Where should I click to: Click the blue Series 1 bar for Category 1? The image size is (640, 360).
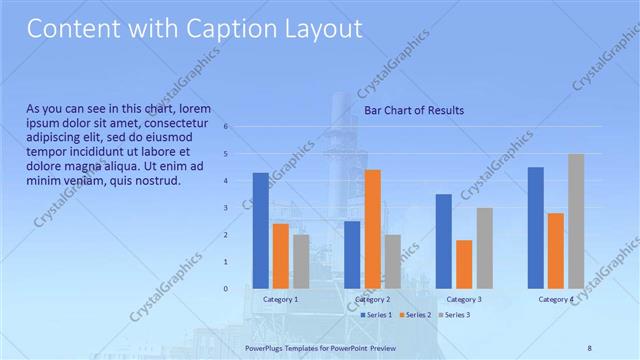[261, 231]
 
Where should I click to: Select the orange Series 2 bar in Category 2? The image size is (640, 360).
[372, 229]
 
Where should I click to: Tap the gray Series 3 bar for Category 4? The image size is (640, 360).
[576, 221]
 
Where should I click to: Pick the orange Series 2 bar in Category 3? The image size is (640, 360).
[464, 264]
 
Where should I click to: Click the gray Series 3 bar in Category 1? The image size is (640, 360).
[301, 261]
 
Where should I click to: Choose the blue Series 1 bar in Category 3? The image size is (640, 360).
[444, 241]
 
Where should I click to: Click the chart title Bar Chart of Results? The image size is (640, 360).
[413, 110]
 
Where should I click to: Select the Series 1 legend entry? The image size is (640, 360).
[375, 315]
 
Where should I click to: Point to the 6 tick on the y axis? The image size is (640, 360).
[227, 127]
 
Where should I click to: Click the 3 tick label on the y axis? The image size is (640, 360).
[227, 208]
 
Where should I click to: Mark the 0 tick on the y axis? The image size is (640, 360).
[227, 289]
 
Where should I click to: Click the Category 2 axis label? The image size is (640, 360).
[372, 300]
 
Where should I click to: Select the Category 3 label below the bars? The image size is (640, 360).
[464, 300]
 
